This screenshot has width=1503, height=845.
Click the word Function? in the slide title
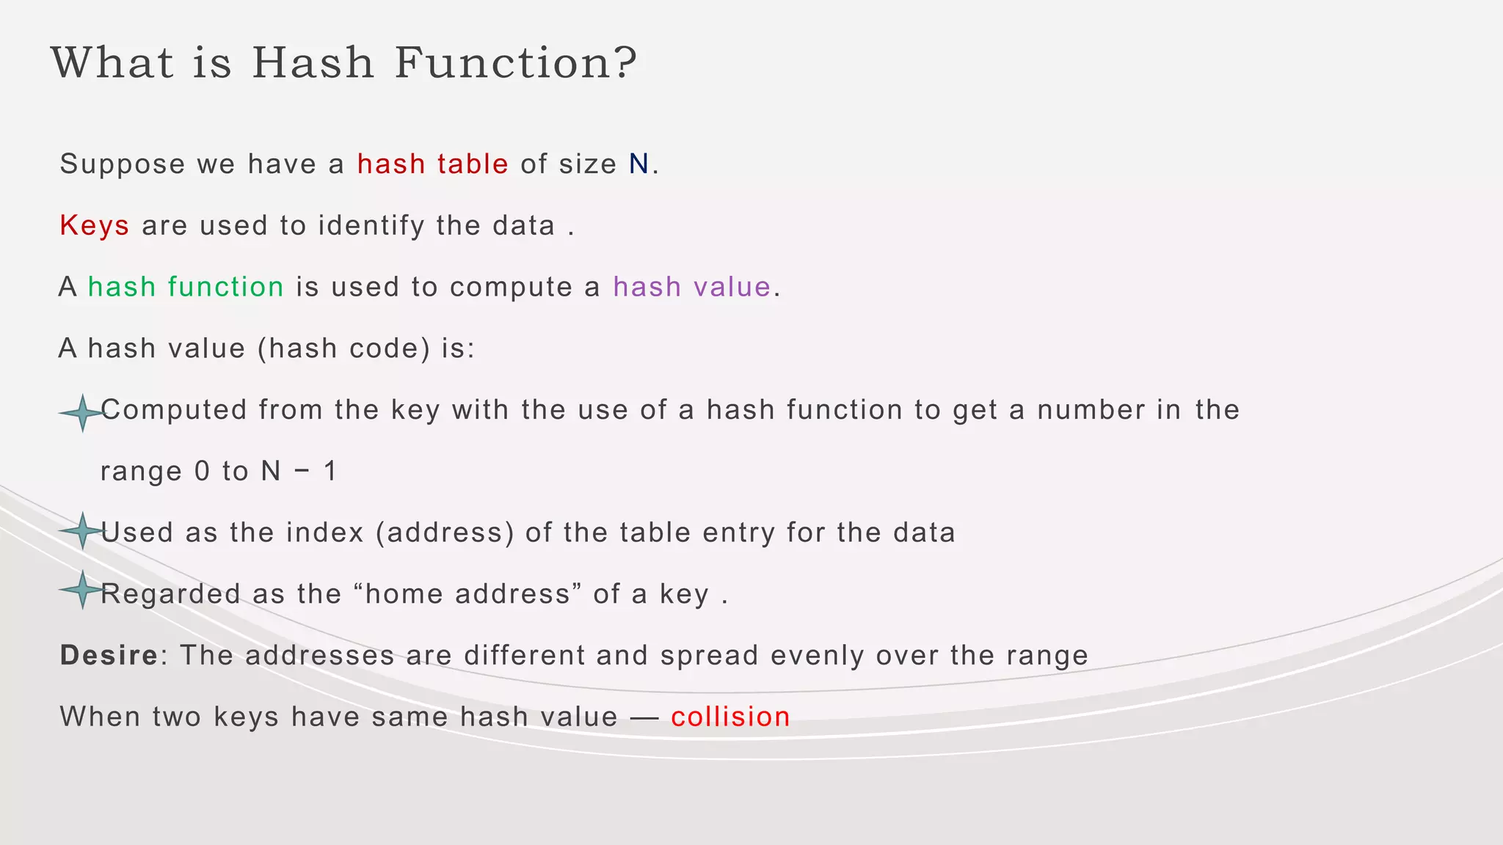[x=516, y=62]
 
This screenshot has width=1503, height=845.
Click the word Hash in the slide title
[x=313, y=62]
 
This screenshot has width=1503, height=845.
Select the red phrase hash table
[x=432, y=164]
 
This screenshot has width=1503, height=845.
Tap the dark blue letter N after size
[x=638, y=164]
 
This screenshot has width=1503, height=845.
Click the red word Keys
[x=95, y=225]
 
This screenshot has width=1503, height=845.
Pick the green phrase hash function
[x=186, y=287]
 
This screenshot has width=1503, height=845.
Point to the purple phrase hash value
[x=691, y=287]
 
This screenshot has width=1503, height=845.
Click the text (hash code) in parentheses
[x=343, y=348]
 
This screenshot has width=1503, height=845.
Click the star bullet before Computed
[x=82, y=413]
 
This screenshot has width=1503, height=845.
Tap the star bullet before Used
[x=82, y=530]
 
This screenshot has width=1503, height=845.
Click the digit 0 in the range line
[x=202, y=471]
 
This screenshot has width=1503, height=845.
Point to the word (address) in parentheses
[x=445, y=533]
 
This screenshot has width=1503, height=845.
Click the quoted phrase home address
[x=467, y=594]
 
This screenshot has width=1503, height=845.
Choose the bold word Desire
[x=109, y=655]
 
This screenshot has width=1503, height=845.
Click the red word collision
[x=730, y=717]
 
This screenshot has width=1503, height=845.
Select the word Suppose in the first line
[x=122, y=164]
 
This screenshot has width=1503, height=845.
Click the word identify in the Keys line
[x=371, y=225]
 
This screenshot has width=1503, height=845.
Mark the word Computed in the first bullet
[x=174, y=409]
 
